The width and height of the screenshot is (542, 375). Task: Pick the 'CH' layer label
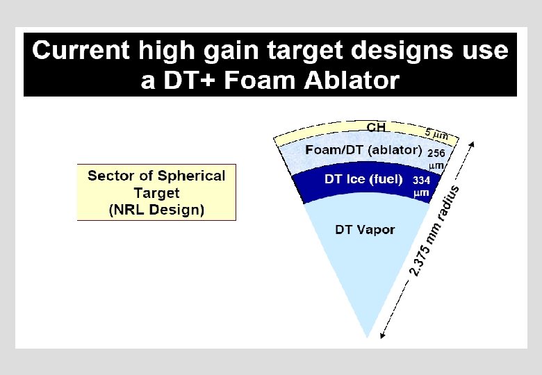(x=376, y=126)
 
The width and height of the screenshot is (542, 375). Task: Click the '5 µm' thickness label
(x=436, y=133)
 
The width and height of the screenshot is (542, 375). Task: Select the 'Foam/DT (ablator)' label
(x=363, y=150)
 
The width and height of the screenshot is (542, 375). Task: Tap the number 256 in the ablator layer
(x=436, y=152)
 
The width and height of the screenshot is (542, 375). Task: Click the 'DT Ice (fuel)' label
(x=363, y=179)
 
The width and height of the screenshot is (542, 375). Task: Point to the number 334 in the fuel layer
(x=422, y=180)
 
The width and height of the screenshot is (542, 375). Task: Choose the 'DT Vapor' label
(x=365, y=229)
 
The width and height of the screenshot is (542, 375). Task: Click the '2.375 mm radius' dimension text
(x=435, y=229)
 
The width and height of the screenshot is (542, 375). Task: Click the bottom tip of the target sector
(x=366, y=337)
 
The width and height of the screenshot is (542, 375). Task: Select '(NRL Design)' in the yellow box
(x=156, y=210)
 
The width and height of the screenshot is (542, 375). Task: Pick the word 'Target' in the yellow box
(x=156, y=193)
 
